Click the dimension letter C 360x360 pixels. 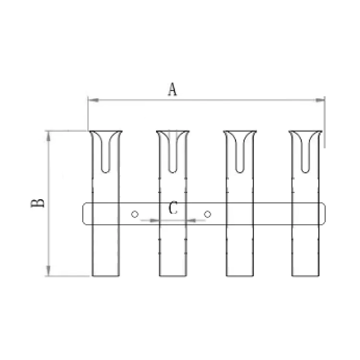[174, 208]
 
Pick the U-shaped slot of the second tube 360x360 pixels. [173, 154]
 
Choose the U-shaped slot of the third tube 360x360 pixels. [240, 154]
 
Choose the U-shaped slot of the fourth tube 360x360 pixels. [305, 154]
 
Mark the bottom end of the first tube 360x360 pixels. [106, 275]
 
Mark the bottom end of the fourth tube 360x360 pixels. [305, 275]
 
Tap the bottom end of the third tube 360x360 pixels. [240, 275]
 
